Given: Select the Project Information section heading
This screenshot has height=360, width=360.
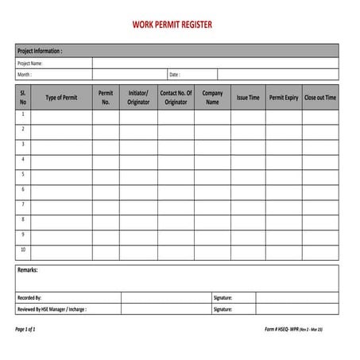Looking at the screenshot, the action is point(40,50).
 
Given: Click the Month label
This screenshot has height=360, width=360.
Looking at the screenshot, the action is point(25,75).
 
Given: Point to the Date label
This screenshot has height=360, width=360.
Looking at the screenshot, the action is point(174,75).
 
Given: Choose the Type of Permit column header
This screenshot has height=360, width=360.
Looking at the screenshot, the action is point(61,98).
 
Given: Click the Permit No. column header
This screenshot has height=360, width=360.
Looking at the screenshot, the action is point(106,98).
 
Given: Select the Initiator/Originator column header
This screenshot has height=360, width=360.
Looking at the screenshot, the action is point(138,98).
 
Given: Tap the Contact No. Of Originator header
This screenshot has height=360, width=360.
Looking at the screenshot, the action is point(176,98).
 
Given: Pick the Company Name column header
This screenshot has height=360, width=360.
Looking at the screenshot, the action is point(212,98).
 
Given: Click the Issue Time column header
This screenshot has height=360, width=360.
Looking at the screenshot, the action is point(248,98).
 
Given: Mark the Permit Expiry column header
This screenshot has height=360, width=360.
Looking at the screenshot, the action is point(284,98).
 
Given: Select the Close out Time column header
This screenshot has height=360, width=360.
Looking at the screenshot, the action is point(320,98).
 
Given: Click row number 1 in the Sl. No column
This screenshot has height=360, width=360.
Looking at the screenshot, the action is point(23,114).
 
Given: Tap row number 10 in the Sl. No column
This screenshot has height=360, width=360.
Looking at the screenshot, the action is point(23,250).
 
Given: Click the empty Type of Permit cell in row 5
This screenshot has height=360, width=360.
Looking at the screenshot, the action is point(61,174).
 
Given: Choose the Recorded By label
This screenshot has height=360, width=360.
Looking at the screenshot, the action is point(29,297).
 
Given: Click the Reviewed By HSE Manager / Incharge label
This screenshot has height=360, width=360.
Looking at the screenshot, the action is point(52,309).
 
